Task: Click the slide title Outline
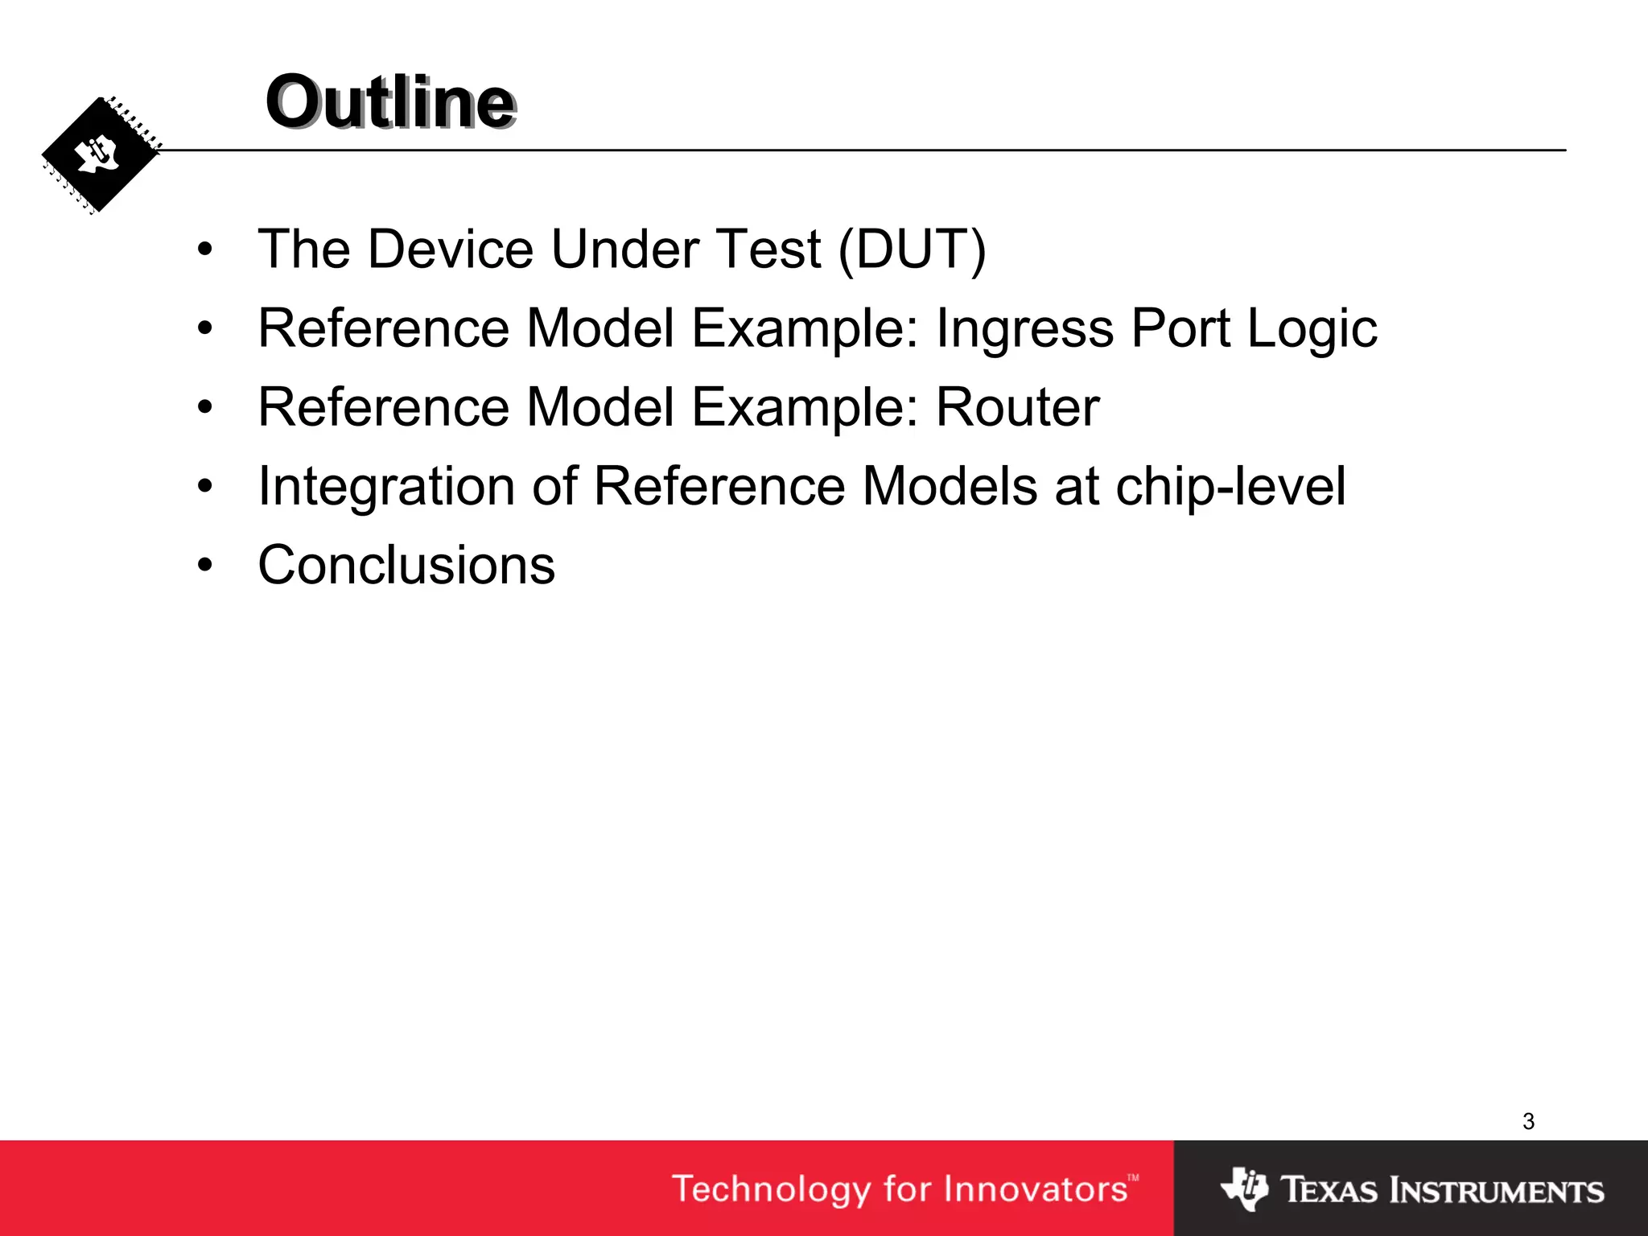click(x=390, y=102)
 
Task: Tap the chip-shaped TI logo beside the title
click(x=100, y=155)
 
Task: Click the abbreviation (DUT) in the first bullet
click(x=912, y=249)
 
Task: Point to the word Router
click(x=1017, y=407)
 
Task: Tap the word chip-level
click(x=1230, y=487)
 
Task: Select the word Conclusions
click(x=406, y=565)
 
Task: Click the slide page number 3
click(x=1528, y=1121)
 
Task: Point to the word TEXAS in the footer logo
click(x=1329, y=1190)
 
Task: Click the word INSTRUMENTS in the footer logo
click(x=1498, y=1190)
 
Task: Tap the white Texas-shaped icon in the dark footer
click(x=1244, y=1189)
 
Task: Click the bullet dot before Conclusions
click(x=205, y=566)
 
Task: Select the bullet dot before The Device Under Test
click(x=205, y=249)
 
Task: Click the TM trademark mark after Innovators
click(x=1133, y=1178)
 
